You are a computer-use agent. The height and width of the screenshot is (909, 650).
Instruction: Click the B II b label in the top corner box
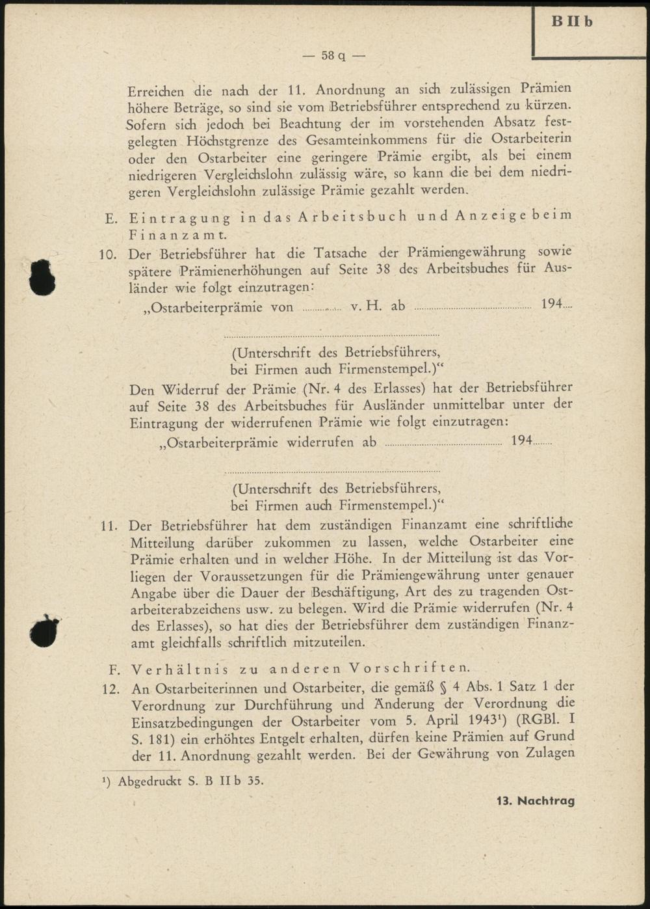click(572, 21)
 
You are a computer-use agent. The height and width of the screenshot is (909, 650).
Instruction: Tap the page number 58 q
click(333, 55)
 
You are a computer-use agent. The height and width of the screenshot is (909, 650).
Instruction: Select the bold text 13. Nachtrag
click(536, 801)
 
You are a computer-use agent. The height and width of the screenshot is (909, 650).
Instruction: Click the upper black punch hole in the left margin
click(42, 278)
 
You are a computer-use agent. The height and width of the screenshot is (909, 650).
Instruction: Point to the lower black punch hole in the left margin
click(44, 631)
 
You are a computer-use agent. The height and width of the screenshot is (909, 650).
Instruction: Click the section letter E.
click(110, 218)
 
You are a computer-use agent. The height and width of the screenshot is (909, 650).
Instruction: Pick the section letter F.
click(112, 668)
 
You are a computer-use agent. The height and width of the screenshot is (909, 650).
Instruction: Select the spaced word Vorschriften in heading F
click(408, 668)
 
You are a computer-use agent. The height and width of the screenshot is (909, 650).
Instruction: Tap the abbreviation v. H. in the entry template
click(366, 306)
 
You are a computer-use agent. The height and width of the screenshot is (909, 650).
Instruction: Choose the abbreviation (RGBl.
click(535, 721)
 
